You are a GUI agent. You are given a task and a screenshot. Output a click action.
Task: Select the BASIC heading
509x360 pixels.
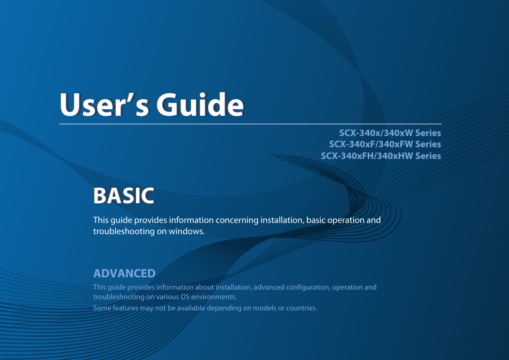click(x=124, y=196)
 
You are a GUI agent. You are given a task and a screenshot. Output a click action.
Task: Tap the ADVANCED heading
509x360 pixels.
click(x=124, y=274)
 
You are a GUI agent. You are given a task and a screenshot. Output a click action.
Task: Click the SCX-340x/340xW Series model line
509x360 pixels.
click(x=390, y=133)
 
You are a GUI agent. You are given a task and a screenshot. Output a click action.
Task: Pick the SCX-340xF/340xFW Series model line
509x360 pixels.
click(x=385, y=144)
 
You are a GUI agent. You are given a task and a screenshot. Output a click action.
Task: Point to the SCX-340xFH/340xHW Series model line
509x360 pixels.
click(x=380, y=156)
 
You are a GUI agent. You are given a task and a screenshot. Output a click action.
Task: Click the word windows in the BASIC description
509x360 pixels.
click(x=187, y=231)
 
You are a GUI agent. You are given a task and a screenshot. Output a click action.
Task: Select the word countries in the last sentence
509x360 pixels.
click(x=301, y=308)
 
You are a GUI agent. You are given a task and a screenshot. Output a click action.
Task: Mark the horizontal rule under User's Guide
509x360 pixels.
click(x=250, y=124)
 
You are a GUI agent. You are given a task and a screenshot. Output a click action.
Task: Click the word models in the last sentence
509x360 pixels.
click(x=264, y=308)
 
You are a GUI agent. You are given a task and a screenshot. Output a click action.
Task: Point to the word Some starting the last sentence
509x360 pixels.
click(x=102, y=308)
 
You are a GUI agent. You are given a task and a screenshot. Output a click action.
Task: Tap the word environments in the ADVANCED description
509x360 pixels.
click(x=215, y=297)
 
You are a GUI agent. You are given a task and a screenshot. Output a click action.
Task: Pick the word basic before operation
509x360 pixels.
click(x=317, y=220)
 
